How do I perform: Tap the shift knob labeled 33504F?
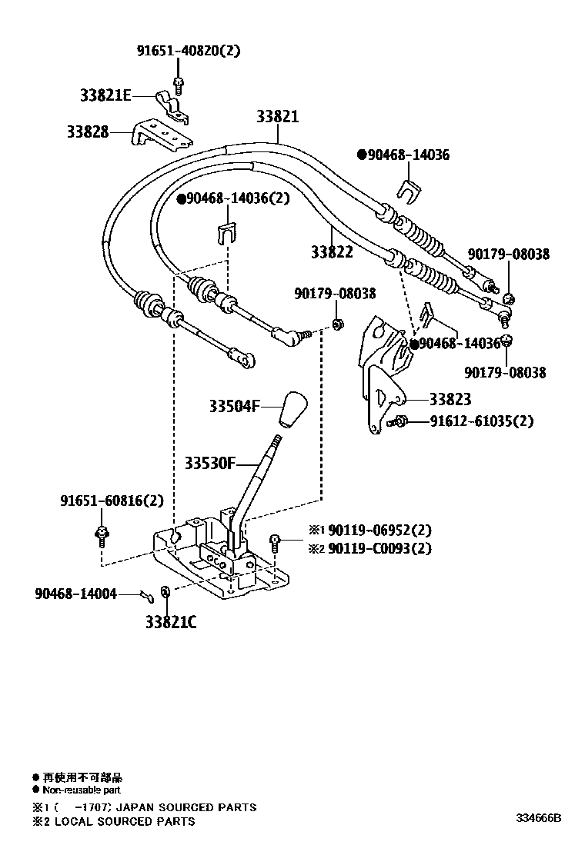click(x=293, y=409)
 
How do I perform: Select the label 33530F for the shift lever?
click(x=209, y=463)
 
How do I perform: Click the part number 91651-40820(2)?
click(x=189, y=52)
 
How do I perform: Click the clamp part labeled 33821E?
click(x=172, y=105)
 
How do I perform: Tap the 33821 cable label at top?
click(x=277, y=117)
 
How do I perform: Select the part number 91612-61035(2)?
click(x=481, y=421)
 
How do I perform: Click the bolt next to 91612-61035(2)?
click(x=399, y=421)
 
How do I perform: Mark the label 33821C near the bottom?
click(x=171, y=622)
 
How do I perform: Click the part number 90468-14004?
click(x=75, y=594)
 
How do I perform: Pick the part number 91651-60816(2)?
click(x=112, y=501)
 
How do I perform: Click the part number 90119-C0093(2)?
click(x=379, y=548)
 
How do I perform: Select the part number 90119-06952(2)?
click(x=379, y=531)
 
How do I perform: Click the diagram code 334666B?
click(x=538, y=817)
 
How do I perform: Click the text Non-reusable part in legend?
click(x=82, y=790)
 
